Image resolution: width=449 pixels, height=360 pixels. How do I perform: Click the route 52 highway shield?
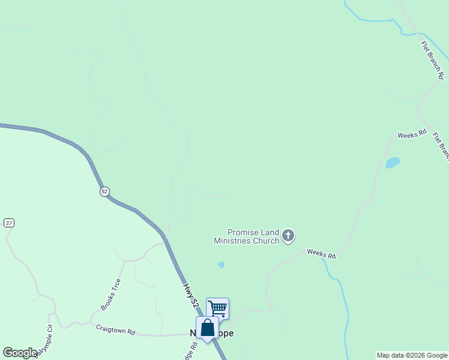tap(104, 191)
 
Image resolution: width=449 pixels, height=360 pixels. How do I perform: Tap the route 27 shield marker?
tap(8, 223)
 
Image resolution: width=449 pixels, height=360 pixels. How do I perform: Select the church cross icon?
tap(288, 236)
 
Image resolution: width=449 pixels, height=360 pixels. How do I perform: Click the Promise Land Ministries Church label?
tap(247, 236)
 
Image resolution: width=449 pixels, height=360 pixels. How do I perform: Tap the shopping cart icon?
tap(217, 308)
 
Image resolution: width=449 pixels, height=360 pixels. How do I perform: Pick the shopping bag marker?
tap(207, 328)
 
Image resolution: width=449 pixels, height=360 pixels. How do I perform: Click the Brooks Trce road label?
tap(111, 294)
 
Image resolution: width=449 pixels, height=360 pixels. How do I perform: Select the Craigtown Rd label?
tap(115, 329)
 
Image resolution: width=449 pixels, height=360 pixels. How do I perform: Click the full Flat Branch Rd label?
tap(432, 60)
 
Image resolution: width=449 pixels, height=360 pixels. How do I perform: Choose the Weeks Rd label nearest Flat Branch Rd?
tap(412, 133)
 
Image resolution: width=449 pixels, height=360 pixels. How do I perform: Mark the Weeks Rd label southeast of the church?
tap(321, 254)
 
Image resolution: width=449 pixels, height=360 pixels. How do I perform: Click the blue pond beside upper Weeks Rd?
tap(393, 163)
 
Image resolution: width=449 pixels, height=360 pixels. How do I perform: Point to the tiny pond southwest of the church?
tap(221, 264)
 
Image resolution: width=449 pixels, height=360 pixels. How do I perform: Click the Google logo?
tap(20, 353)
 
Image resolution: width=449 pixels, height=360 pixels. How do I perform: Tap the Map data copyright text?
tap(412, 355)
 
